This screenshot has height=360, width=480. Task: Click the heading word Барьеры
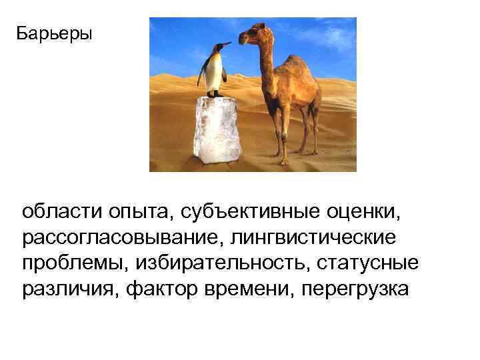pyautogui.click(x=55, y=33)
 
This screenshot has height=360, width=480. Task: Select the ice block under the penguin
pyautogui.click(x=217, y=130)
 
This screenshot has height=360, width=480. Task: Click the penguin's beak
pyautogui.click(x=227, y=45)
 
